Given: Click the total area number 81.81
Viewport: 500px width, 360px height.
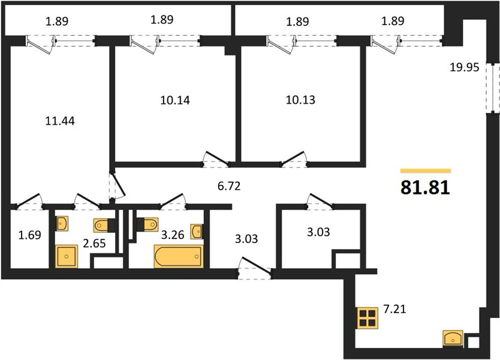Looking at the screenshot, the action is point(425,188).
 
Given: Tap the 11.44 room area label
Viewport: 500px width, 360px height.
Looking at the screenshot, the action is point(60,121).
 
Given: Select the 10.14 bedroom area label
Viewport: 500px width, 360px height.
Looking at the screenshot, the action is point(175,101).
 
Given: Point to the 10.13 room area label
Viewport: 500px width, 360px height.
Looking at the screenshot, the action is point(300,100).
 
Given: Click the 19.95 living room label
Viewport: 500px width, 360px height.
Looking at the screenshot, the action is point(465,68).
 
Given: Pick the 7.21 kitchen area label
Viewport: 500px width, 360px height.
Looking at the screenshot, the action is point(394,309).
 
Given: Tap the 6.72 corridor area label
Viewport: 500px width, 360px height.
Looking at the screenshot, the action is point(229,186).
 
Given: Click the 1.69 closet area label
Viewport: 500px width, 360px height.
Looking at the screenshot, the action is point(29,235).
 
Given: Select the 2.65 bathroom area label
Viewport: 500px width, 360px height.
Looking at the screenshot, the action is point(94,244).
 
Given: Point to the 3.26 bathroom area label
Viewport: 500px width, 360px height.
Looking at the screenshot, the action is point(173,235).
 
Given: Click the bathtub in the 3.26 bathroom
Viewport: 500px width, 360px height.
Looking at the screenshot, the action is point(178,256).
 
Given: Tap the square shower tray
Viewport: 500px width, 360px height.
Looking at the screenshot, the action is point(67,256).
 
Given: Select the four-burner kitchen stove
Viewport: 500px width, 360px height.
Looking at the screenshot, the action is point(368,318).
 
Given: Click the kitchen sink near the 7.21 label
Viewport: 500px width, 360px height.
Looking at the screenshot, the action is point(453,338).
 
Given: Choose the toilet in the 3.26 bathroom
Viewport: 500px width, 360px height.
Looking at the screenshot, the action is point(148,224).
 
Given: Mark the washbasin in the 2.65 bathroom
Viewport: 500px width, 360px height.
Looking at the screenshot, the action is point(62,223).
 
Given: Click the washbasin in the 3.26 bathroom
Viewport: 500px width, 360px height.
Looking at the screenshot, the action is point(196,232).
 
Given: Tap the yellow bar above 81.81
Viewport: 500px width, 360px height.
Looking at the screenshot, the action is point(426,171).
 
